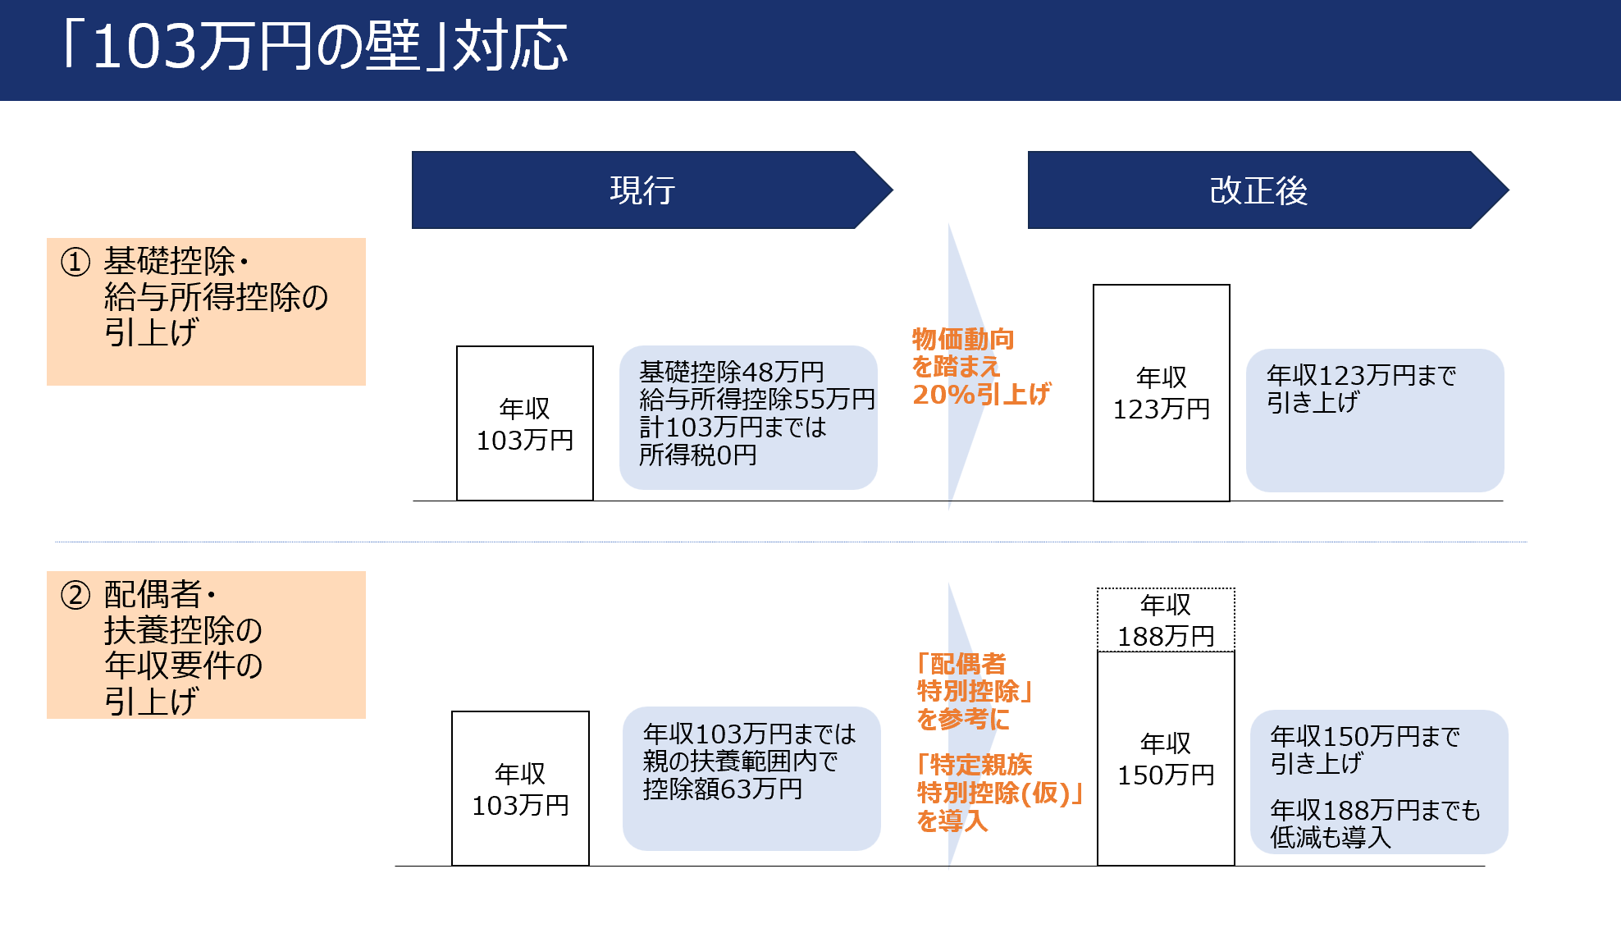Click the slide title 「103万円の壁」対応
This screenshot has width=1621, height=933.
(314, 47)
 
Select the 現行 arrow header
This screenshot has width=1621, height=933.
(642, 190)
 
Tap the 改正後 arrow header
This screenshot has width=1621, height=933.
(1258, 190)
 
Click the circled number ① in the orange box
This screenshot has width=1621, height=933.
(75, 263)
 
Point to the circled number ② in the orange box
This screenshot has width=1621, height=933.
(75, 595)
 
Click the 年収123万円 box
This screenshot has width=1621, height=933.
(1161, 393)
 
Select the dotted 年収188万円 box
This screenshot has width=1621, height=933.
(1165, 620)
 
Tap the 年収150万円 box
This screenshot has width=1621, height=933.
(1165, 758)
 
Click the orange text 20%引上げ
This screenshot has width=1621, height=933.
(981, 395)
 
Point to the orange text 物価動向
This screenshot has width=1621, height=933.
(963, 339)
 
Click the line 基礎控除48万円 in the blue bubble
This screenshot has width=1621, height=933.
(731, 372)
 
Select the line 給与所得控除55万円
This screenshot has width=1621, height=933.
(756, 400)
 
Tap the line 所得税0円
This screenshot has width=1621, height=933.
(697, 455)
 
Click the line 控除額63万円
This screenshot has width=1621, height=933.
(722, 789)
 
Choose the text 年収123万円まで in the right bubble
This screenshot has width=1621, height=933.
(1361, 376)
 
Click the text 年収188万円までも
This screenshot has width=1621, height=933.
(1375, 811)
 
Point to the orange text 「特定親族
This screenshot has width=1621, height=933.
(975, 765)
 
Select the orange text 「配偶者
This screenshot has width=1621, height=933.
(961, 664)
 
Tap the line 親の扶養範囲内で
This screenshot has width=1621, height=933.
(740, 761)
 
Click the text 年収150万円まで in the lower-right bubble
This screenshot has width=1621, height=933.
(1364, 737)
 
